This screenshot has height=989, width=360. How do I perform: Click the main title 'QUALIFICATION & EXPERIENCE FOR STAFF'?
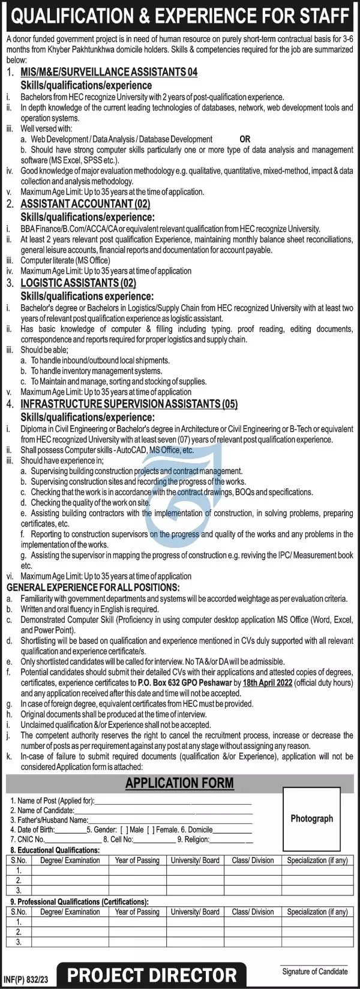(x=180, y=16)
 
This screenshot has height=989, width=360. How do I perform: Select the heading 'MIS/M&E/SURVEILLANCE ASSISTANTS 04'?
(x=109, y=72)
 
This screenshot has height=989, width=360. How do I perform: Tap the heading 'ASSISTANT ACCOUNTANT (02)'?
(x=85, y=204)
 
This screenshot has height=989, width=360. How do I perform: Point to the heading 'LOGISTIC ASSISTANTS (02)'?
(x=78, y=283)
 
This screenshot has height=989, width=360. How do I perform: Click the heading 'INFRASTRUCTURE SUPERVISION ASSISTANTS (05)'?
(x=129, y=404)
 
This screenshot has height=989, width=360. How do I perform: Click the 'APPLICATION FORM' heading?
(x=179, y=783)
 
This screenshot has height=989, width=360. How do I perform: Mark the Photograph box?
(x=311, y=819)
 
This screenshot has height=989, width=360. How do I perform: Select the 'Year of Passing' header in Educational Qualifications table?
(x=137, y=860)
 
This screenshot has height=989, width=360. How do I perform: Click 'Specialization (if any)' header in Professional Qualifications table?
(x=317, y=912)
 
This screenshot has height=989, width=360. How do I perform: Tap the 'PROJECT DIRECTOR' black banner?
(x=152, y=975)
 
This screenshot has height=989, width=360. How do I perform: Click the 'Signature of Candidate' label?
(x=314, y=972)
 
